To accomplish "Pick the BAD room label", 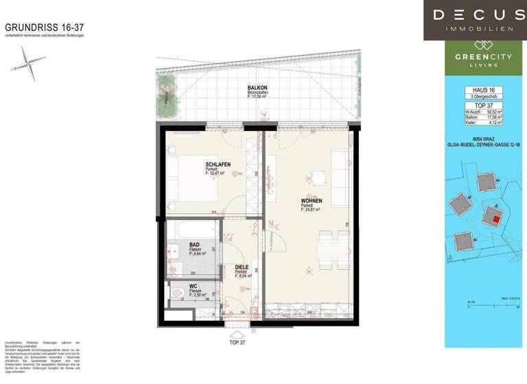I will [194, 245].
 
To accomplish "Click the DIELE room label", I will [241, 268].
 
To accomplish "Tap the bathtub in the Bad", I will [192, 227].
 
